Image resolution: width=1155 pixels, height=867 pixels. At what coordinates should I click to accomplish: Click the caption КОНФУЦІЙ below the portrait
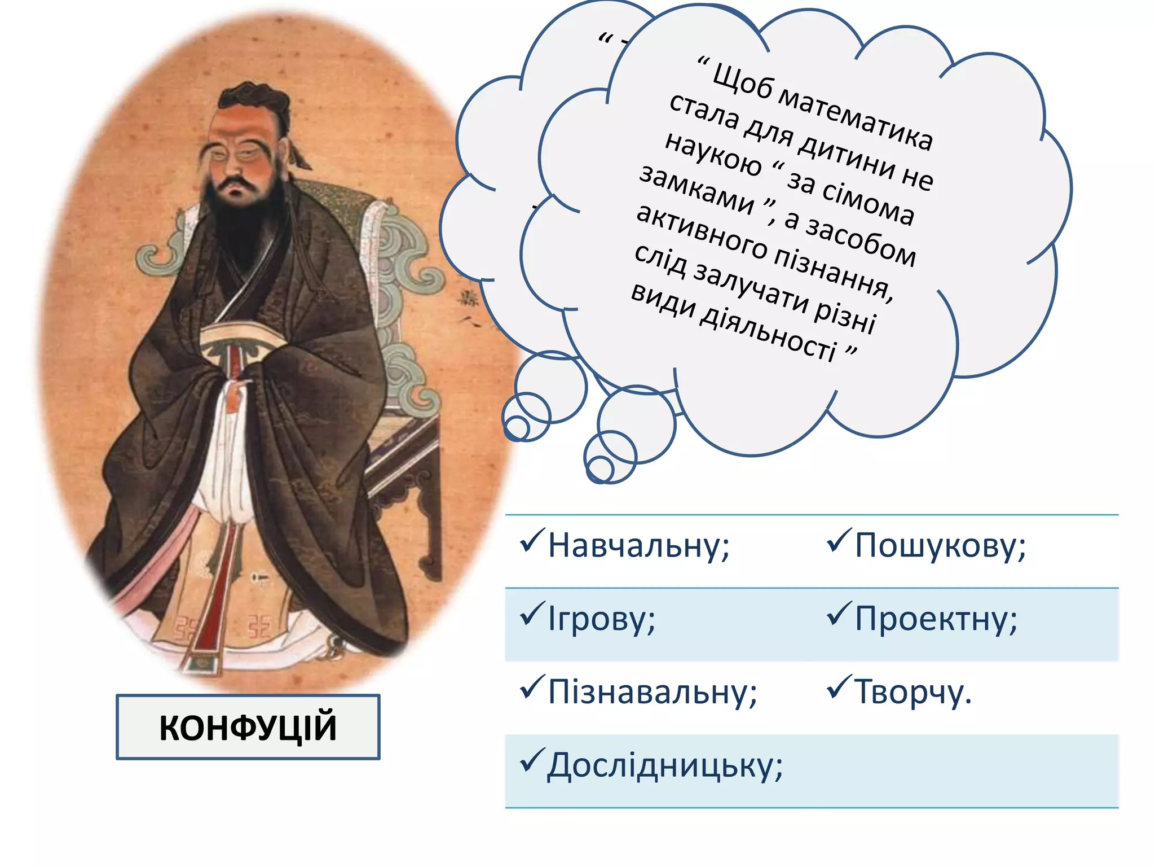[248, 727]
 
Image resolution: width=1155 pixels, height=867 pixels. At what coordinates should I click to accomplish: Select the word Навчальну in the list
[638, 546]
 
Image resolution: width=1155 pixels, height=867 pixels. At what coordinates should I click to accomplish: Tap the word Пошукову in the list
[939, 546]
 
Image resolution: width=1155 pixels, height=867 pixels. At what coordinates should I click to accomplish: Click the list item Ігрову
[601, 619]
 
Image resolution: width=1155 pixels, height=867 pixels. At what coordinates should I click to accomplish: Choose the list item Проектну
[935, 619]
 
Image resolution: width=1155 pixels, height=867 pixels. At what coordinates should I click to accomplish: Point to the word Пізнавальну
[651, 692]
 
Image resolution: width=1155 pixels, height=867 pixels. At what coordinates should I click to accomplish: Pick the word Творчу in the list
[912, 692]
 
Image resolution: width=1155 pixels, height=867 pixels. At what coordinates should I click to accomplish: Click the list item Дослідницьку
[664, 766]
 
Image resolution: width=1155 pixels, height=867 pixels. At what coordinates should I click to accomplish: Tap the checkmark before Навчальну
[531, 540]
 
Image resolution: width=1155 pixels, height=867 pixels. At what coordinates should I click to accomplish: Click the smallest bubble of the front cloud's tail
[600, 468]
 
